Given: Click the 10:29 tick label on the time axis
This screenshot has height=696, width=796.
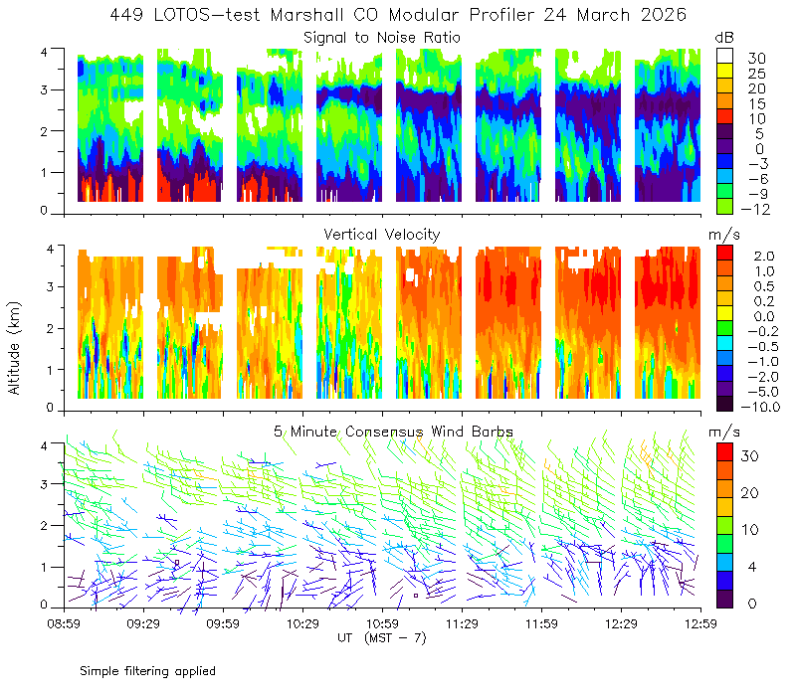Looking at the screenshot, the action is (302, 623).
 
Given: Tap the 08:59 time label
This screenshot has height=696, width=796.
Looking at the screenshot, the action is (64, 623).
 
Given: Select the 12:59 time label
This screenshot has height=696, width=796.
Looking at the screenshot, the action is (700, 623).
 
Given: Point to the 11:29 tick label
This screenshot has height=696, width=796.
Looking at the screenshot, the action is (462, 623).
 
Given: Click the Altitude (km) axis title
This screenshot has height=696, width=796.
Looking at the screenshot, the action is (14, 348).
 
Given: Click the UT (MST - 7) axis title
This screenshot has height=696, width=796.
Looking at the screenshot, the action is (382, 637).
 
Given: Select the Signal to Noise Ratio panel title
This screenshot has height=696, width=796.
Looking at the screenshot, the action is (382, 38).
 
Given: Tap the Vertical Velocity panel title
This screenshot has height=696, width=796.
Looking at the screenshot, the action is (382, 235).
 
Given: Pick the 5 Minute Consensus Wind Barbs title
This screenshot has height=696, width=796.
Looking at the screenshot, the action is (393, 432).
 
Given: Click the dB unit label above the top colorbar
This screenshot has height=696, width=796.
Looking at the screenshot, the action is (724, 38).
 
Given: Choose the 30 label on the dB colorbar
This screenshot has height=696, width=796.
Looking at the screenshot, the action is (756, 59).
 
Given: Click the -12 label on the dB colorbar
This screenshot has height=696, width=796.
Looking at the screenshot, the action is (755, 209).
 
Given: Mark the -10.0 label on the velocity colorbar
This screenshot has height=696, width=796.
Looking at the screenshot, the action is (760, 407).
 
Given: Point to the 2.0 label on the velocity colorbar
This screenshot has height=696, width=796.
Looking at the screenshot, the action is (764, 257).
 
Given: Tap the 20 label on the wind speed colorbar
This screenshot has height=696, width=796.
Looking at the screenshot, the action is (750, 492).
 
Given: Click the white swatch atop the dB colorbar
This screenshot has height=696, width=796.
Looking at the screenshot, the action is (725, 56).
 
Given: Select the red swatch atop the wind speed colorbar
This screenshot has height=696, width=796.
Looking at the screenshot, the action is (725, 452).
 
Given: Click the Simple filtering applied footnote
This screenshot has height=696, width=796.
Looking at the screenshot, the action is (147, 671).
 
